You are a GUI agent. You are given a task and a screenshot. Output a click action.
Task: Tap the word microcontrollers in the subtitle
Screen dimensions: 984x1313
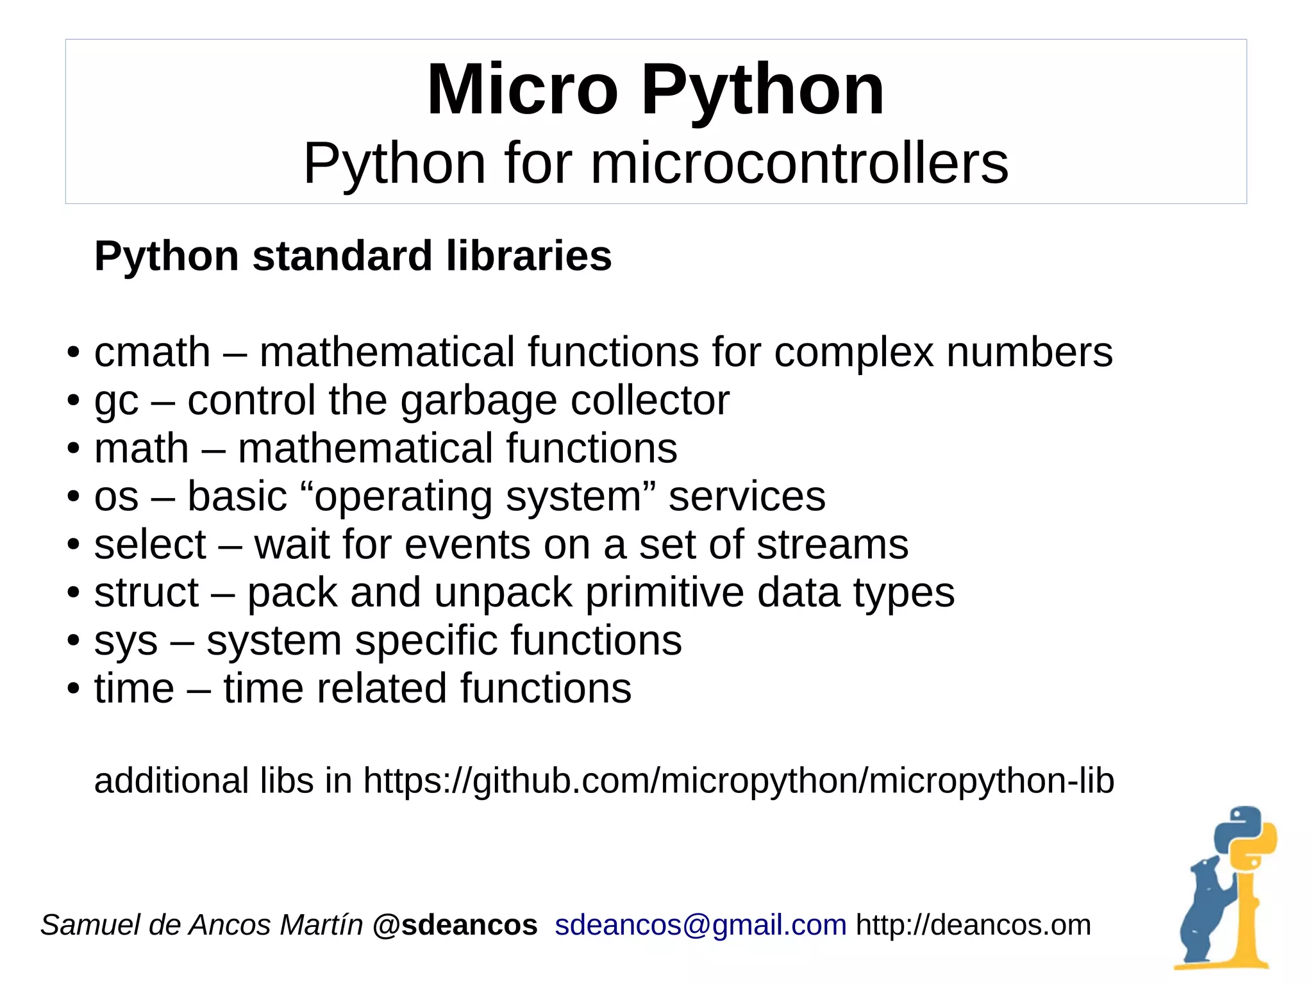point(799,163)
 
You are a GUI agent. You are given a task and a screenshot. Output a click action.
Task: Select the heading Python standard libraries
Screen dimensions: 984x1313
point(353,256)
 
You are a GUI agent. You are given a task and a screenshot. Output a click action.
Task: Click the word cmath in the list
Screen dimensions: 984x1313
point(152,353)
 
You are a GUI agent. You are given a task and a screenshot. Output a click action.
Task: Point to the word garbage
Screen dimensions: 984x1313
point(478,401)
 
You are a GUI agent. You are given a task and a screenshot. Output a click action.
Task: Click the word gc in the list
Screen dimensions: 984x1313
point(116,402)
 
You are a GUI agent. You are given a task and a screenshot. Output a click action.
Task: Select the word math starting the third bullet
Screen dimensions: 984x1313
point(141,448)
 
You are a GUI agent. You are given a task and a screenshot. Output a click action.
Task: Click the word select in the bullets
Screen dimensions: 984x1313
point(150,545)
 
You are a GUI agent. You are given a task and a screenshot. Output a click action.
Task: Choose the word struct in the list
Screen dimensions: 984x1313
point(146,592)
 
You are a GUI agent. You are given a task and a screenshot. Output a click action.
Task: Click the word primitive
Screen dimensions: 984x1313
point(664,593)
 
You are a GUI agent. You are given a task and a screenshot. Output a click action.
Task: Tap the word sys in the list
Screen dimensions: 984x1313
point(126,641)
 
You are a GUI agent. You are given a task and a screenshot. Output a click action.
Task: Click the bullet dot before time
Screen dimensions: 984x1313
point(74,689)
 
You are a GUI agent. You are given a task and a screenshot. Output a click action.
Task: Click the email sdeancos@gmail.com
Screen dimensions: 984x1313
point(700,925)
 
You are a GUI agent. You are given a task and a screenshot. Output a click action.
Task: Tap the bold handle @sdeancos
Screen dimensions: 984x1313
point(455,925)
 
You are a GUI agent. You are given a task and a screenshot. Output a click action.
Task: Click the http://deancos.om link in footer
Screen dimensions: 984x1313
point(973,925)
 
